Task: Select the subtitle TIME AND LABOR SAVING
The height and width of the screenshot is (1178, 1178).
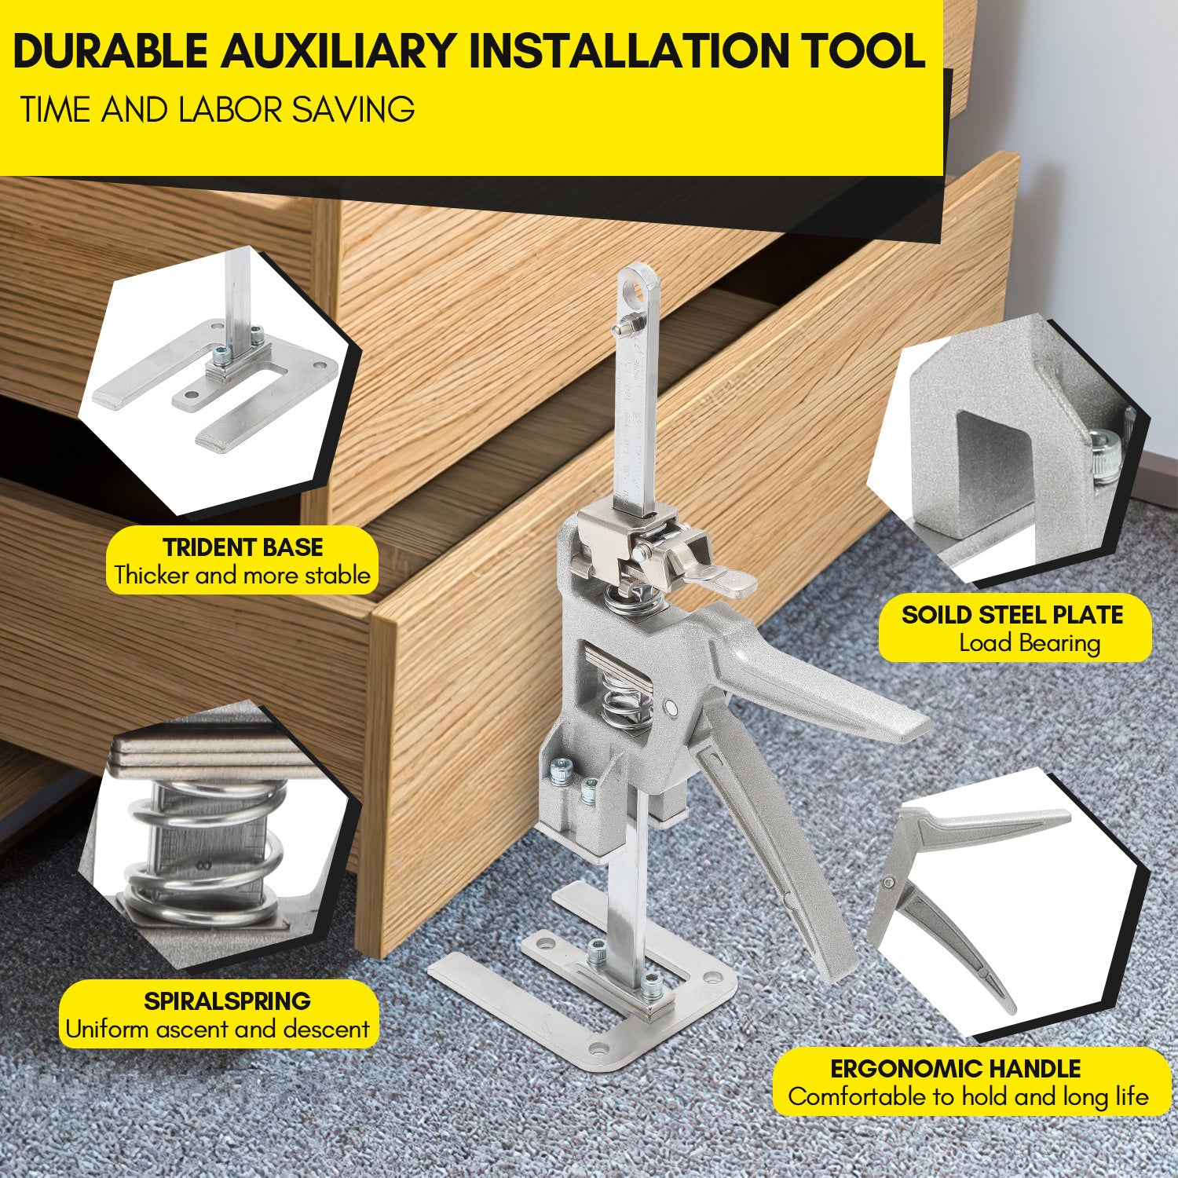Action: click(218, 109)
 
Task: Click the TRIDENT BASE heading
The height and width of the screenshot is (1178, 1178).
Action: click(243, 547)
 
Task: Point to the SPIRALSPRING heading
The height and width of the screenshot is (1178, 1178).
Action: click(227, 1001)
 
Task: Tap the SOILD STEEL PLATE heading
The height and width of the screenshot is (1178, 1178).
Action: click(1012, 615)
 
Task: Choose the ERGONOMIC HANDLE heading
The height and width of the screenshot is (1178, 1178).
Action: click(956, 1069)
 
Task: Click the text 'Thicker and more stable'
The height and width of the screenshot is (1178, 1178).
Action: click(242, 576)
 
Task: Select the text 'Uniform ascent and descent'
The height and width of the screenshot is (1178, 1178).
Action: click(218, 1029)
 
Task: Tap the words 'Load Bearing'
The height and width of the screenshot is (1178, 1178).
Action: click(1030, 643)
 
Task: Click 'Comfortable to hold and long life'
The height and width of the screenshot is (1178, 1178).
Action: click(968, 1097)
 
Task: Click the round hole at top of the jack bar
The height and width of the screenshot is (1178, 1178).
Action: click(637, 290)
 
